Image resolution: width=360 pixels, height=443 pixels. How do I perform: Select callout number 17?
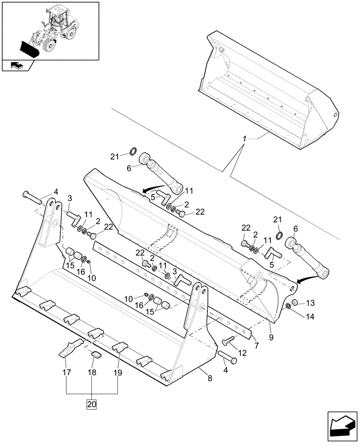pyautogui.click(x=67, y=373)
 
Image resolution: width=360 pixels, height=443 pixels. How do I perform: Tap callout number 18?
pyautogui.click(x=92, y=373)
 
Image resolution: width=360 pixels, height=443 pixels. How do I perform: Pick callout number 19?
pyautogui.click(x=118, y=373)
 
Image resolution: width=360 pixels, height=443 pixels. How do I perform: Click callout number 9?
pyautogui.click(x=271, y=337)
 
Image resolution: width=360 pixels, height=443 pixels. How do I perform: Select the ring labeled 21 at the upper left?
pyautogui.click(x=132, y=153)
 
